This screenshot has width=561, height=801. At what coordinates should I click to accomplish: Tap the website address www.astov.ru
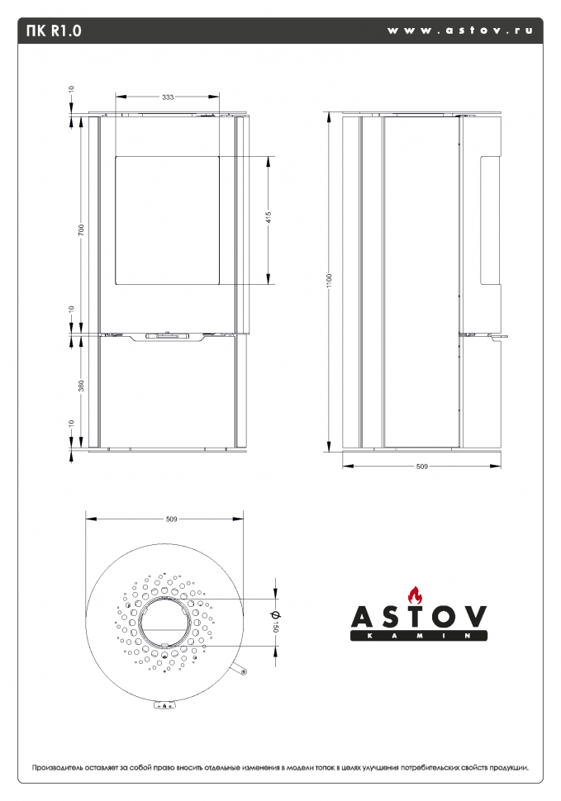[459, 31]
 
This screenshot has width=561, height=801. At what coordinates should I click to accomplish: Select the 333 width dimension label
[168, 97]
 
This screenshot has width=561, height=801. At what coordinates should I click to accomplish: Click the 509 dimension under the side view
[421, 467]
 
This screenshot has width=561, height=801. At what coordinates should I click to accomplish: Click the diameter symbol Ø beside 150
[276, 614]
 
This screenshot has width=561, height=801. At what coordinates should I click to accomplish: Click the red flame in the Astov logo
[416, 594]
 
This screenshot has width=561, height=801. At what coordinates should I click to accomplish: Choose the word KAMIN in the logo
[419, 637]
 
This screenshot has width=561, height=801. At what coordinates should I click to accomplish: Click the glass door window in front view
[167, 220]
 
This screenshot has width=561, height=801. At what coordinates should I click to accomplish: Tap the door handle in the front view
[168, 336]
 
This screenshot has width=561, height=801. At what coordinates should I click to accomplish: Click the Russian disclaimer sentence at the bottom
[280, 767]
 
